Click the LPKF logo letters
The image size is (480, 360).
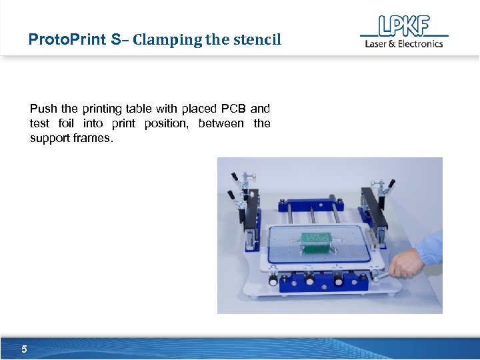pyautogui.click(x=404, y=26)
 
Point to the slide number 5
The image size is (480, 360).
pyautogui.click(x=24, y=349)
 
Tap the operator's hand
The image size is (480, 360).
pyautogui.click(x=407, y=263)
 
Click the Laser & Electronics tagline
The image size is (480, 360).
pyautogui.click(x=403, y=44)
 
